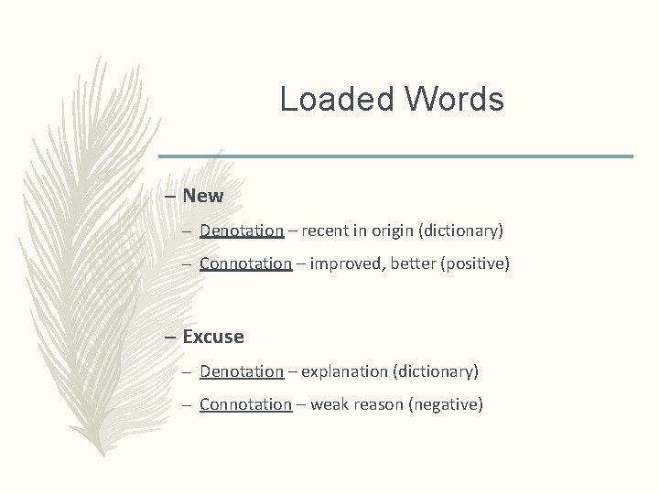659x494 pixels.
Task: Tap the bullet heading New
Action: [202, 196]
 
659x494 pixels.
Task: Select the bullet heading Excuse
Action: [212, 337]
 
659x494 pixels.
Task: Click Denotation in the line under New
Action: [242, 231]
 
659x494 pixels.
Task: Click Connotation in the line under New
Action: [245, 263]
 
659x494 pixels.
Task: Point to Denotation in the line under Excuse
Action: [242, 371]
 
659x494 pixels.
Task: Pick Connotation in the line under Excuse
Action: [245, 404]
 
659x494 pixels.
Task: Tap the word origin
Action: [396, 231]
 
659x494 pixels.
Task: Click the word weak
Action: [329, 404]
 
